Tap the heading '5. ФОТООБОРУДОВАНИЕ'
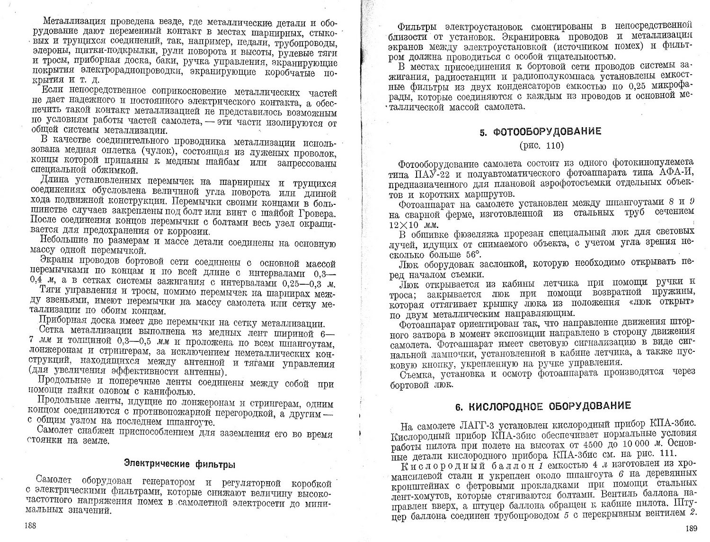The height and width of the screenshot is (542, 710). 540,132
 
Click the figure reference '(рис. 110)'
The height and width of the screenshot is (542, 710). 539,146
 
